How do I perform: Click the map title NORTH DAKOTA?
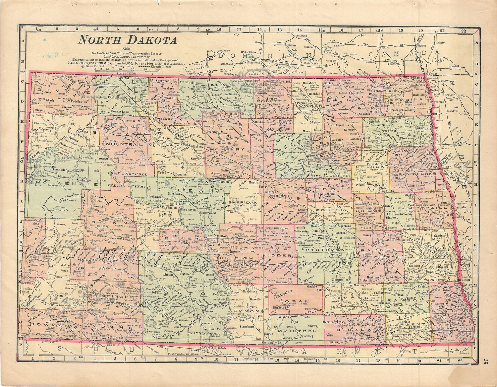coord(127,40)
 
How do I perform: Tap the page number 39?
coord(485,362)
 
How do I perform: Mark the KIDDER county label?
coord(281,256)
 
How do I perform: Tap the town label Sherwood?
coord(162,81)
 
